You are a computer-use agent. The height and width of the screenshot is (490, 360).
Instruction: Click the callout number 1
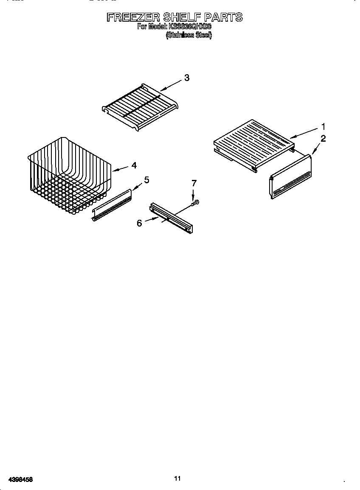[323, 126]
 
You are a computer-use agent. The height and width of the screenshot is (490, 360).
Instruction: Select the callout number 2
[323, 138]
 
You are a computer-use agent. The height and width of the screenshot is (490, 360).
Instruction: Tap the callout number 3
[186, 78]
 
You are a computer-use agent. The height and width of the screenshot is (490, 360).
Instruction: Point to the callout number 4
[134, 165]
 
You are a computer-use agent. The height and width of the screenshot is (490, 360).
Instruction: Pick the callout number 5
[146, 180]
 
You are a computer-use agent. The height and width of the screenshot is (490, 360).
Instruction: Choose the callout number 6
[139, 223]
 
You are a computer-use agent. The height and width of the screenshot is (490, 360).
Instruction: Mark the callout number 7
[194, 183]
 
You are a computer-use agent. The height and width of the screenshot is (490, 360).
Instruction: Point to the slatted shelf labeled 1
[253, 144]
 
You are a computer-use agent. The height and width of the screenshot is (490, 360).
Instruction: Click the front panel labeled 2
[290, 177]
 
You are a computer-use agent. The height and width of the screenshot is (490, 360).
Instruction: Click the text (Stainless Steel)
[188, 35]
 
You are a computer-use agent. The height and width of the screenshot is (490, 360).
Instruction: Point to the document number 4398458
[17, 479]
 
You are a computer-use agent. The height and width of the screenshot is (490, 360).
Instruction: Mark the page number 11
[177, 479]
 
